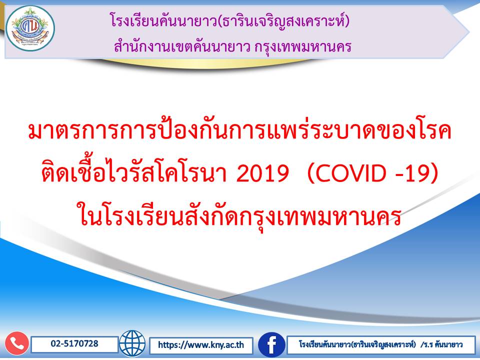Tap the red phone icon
coord(17,343)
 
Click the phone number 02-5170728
coord(74,343)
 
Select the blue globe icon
coord(132,343)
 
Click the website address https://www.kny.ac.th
coord(201,345)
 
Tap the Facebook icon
coord(271,344)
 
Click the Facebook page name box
coord(381,345)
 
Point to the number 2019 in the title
coord(262,173)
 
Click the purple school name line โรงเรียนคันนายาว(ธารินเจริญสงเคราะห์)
coord(229,21)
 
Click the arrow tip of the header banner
coord(468,31)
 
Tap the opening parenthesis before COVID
coord(310,173)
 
